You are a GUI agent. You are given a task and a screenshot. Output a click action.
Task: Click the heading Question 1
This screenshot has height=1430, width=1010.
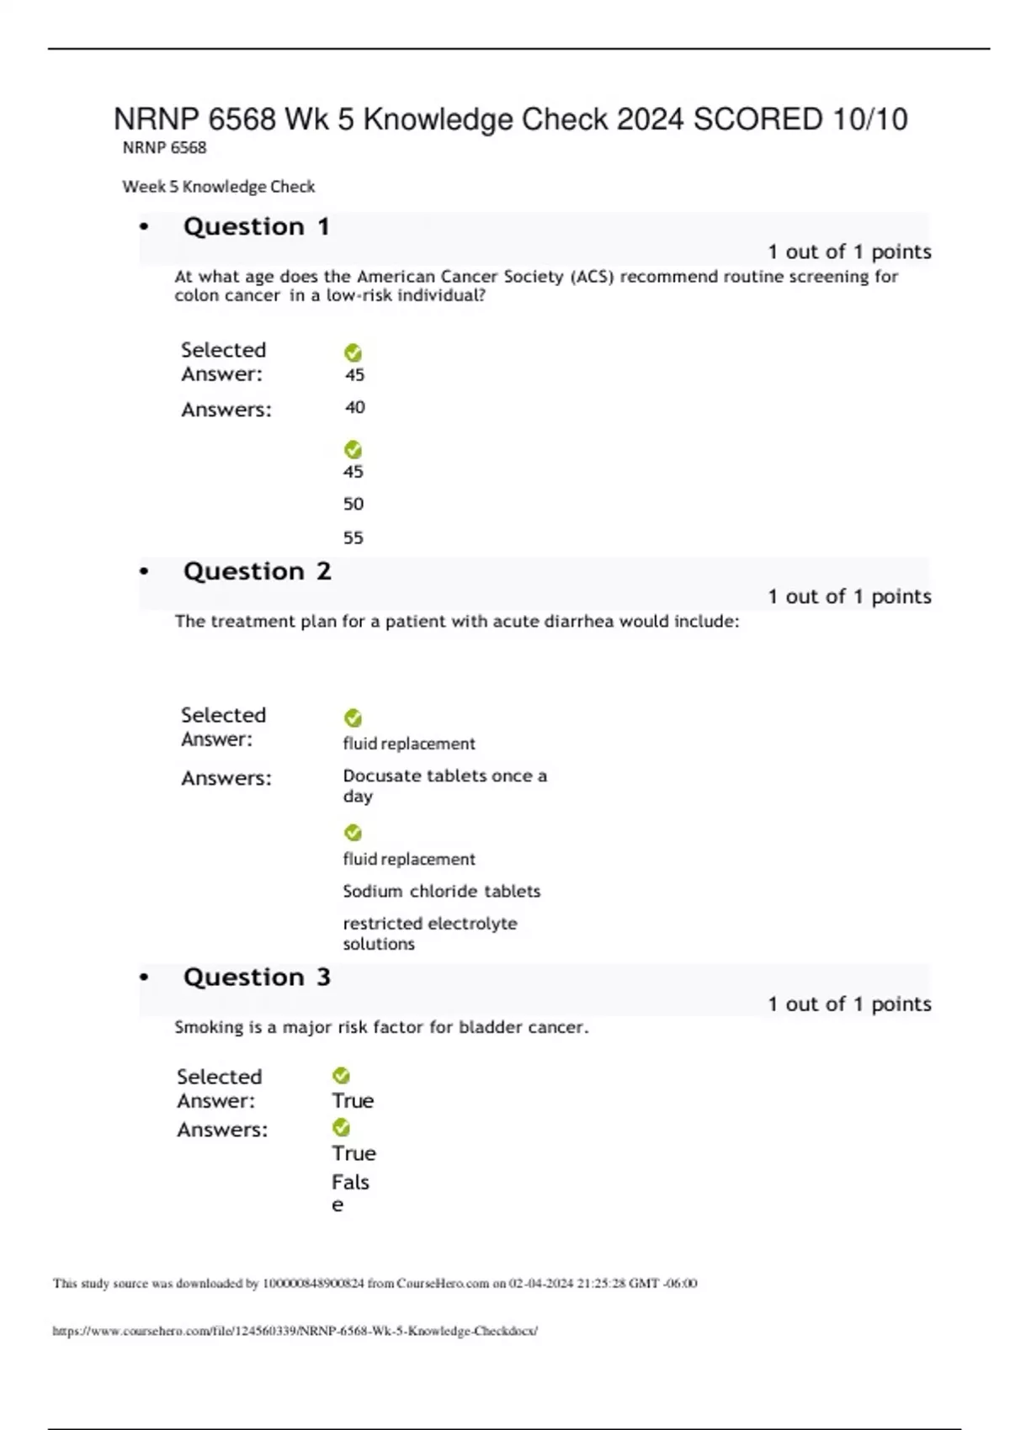[x=256, y=227]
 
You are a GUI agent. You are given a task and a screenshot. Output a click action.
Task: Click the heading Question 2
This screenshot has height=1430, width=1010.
[x=257, y=572]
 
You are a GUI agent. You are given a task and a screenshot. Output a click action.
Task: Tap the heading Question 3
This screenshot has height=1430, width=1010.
[x=257, y=977]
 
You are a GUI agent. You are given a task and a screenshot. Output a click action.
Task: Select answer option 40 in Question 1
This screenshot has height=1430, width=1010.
[x=354, y=408]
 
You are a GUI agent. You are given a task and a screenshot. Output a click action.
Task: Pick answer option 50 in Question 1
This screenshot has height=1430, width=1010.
[x=353, y=505]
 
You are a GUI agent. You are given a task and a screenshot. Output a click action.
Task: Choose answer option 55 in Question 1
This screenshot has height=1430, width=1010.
[x=353, y=538]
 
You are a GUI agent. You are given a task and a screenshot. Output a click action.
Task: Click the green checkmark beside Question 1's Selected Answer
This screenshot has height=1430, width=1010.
[x=353, y=353]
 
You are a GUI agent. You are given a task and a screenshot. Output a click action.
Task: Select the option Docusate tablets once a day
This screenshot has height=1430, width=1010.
[x=444, y=786]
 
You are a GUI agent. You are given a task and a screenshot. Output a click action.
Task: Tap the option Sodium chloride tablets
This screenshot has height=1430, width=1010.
[x=441, y=892]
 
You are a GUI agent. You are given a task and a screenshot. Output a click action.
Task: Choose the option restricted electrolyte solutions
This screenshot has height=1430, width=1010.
[x=429, y=934]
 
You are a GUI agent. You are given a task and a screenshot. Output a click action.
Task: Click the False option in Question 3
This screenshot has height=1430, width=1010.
[x=349, y=1193]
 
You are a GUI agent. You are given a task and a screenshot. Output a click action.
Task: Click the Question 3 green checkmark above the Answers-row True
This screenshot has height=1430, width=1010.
[x=341, y=1127]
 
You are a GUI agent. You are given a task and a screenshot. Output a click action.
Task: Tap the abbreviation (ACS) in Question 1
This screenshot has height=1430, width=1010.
[x=592, y=277]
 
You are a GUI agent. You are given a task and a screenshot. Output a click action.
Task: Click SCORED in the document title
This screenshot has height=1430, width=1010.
[x=757, y=119]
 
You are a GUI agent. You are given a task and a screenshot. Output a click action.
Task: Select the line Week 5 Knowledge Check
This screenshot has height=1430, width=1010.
[x=219, y=187]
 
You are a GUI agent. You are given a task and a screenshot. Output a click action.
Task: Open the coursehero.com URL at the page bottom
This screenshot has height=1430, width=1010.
[x=295, y=1332]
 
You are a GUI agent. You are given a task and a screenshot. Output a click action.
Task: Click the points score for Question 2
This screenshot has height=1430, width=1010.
[x=848, y=597]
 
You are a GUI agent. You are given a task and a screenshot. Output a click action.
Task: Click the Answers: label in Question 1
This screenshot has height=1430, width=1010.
[x=226, y=410]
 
